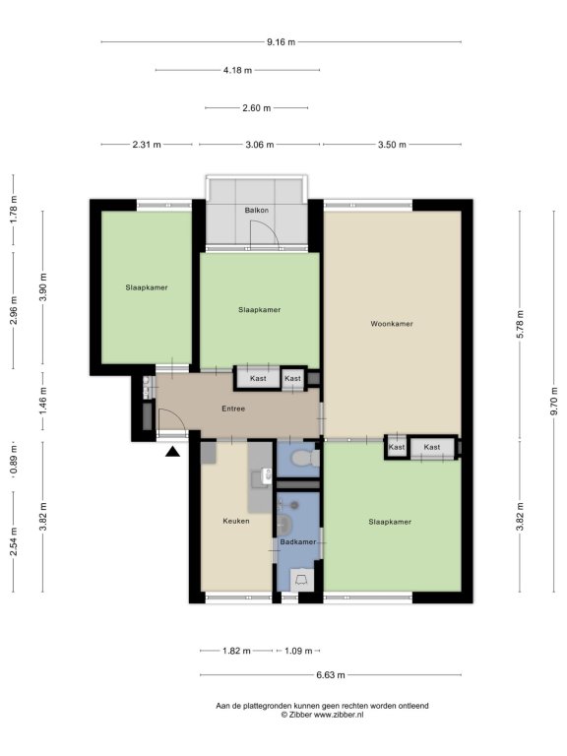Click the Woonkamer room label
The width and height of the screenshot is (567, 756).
point(392,324)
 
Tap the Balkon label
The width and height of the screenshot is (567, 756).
point(257,211)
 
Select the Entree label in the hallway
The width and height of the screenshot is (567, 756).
point(233,409)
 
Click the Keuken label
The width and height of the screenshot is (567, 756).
point(236,521)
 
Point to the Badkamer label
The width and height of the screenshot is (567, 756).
point(298,542)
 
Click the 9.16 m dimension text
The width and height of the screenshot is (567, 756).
point(282,42)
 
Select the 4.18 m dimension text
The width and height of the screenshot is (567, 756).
point(237,71)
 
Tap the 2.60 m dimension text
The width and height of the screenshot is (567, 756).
point(257,108)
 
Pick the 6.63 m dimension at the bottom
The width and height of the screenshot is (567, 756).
point(331,675)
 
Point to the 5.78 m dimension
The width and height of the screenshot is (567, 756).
point(520,325)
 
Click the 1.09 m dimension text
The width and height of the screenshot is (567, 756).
point(298,651)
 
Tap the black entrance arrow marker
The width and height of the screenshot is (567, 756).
point(172,451)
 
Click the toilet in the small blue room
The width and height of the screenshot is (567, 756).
point(306,459)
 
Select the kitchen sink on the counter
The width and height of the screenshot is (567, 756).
point(266,475)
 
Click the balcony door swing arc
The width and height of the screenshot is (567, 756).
point(270,228)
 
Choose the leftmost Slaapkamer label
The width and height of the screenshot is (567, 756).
point(147,287)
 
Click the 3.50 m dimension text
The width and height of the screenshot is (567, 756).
point(392,145)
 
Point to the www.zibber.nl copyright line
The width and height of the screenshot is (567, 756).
point(322,715)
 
